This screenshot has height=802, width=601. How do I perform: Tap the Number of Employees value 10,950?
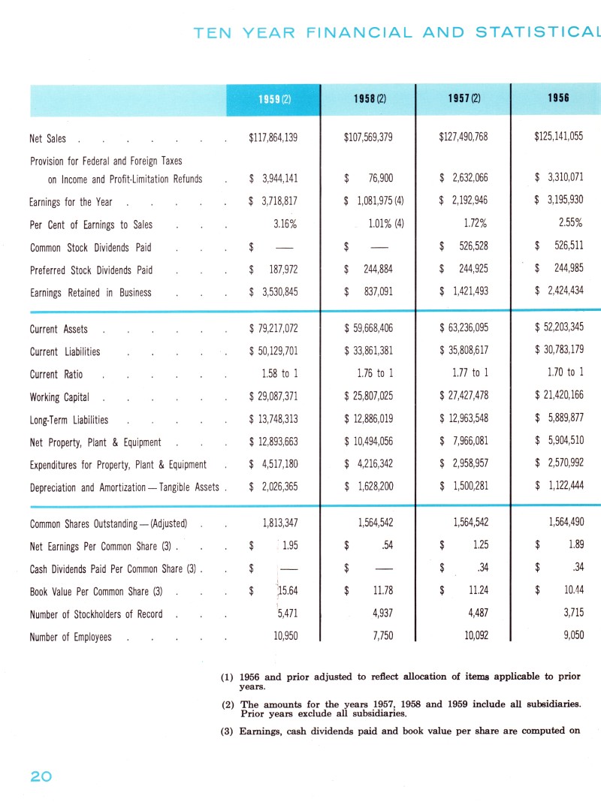283,637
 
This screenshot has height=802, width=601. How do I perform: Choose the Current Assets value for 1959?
273,330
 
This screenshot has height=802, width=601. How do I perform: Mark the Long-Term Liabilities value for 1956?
557,420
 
